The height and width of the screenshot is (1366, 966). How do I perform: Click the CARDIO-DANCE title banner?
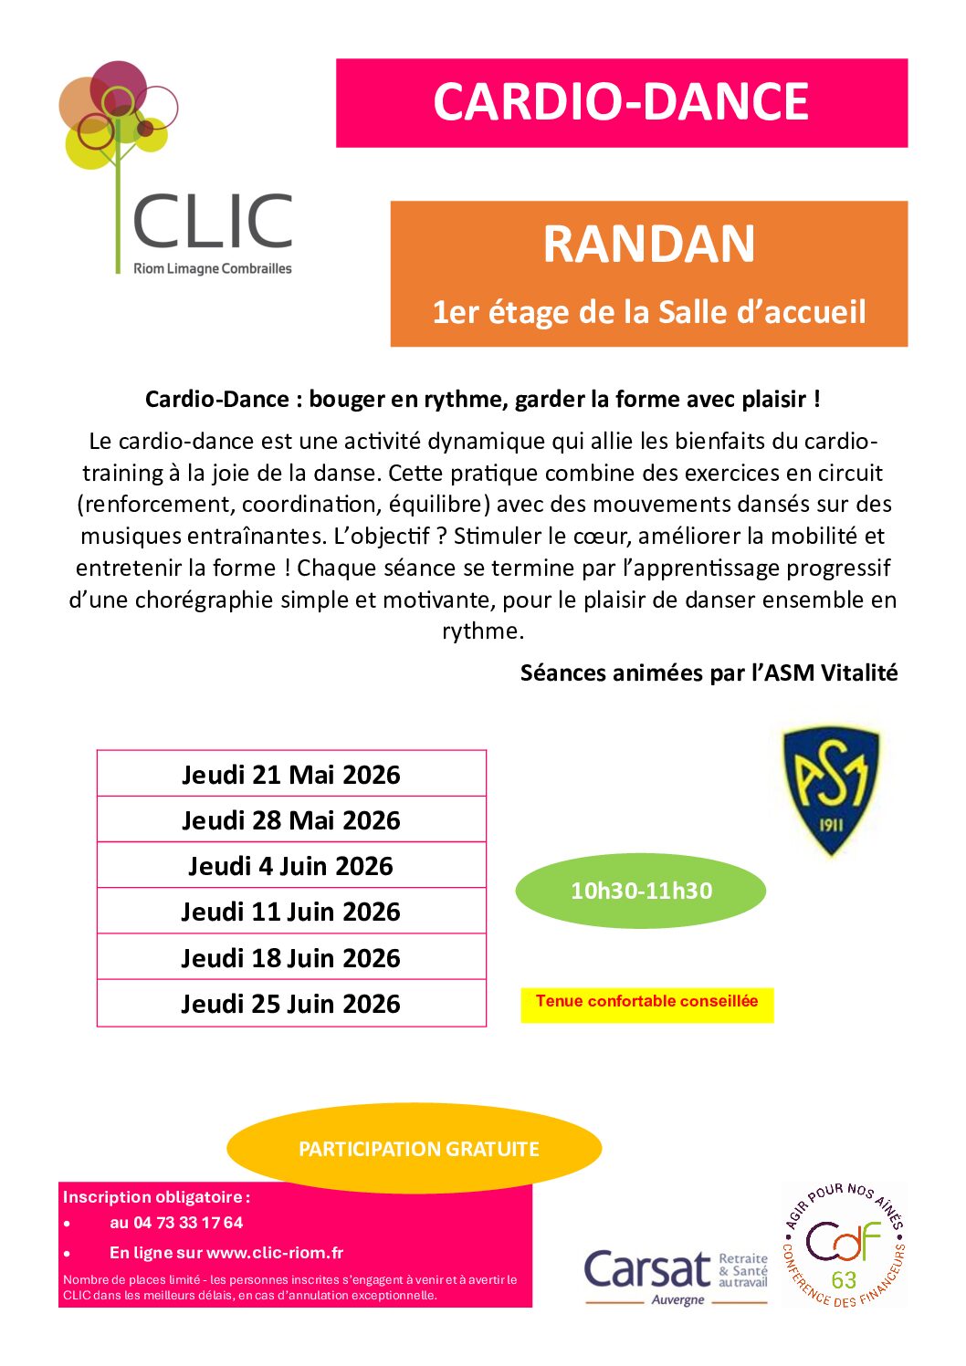(621, 102)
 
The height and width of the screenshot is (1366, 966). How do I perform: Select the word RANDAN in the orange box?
(649, 245)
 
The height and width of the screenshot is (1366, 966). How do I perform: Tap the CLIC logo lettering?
(213, 222)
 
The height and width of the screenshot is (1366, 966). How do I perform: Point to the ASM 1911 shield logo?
(831, 790)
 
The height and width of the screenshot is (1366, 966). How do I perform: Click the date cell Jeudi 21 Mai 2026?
(291, 775)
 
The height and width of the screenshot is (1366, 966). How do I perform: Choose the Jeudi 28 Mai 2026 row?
(291, 820)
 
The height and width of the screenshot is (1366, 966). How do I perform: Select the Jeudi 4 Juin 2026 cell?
(291, 866)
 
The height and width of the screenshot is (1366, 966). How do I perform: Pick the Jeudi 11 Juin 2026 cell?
(291, 912)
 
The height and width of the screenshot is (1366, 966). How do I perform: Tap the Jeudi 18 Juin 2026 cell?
(291, 958)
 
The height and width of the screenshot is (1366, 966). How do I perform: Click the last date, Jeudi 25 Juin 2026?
(291, 1004)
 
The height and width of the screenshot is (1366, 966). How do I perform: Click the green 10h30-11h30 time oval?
(641, 891)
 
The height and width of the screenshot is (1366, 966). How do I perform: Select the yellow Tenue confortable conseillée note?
(646, 1002)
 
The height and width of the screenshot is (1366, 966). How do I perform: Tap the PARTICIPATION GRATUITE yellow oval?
(418, 1149)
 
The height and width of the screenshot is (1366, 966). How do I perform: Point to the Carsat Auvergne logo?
(675, 1274)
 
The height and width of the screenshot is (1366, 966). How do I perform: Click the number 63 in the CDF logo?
(844, 1279)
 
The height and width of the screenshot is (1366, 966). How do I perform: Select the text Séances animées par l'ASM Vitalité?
(709, 673)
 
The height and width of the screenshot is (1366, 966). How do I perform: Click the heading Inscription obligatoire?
(155, 1197)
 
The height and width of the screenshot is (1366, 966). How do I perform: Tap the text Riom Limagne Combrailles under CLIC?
(213, 269)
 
